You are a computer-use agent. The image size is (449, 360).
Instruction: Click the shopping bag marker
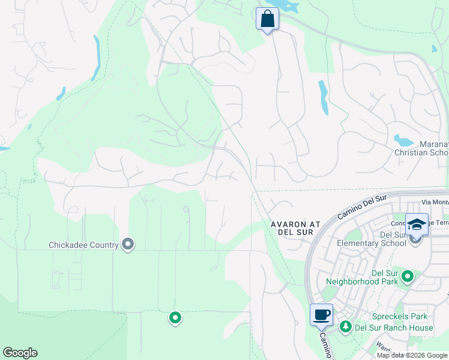pos(267,19)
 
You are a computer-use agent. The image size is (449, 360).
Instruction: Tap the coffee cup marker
pos(321,314)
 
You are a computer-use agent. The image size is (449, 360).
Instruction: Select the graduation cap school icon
pos(417,224)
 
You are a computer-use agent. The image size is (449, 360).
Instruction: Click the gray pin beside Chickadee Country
pos(127,244)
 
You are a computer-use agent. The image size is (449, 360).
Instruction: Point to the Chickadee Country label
pos(83,245)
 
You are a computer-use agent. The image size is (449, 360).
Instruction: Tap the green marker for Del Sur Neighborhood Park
pos(408,277)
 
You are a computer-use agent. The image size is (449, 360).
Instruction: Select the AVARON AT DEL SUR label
pos(295,229)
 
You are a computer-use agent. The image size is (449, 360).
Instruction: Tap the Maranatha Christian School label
pos(421,148)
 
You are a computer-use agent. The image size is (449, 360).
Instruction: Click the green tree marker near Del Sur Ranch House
pos(346,327)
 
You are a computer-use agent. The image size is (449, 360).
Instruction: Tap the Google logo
pos(20,353)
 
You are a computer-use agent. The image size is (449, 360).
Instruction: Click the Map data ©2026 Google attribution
pos(412,355)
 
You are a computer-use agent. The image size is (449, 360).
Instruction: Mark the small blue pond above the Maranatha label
pos(403,141)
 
